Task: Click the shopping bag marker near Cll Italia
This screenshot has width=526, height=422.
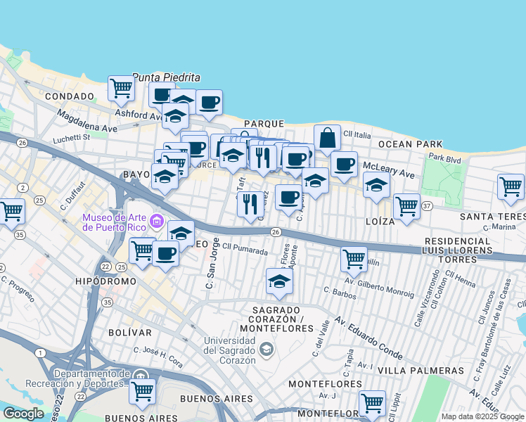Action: pyautogui.click(x=328, y=138)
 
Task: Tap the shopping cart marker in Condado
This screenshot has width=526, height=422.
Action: pyautogui.click(x=121, y=89)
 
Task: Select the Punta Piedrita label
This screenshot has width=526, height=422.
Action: pyautogui.click(x=167, y=77)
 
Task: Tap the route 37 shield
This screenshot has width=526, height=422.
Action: pyautogui.click(x=427, y=205)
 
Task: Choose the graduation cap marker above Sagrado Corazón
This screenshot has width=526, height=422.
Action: pyautogui.click(x=279, y=282)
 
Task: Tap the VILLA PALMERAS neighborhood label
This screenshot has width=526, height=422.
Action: pyautogui.click(x=421, y=370)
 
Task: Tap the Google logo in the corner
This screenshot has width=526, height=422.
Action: pyautogui.click(x=23, y=414)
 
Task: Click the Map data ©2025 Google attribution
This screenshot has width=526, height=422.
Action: pyautogui.click(x=482, y=416)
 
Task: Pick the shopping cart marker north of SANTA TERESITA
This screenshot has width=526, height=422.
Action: pyautogui.click(x=511, y=187)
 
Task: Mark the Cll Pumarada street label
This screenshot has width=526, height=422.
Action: pyautogui.click(x=245, y=250)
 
